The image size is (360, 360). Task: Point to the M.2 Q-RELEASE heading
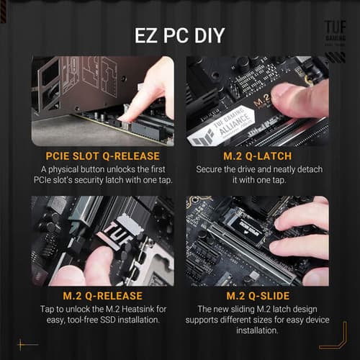coord(102,295)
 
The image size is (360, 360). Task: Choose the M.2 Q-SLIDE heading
coord(257,295)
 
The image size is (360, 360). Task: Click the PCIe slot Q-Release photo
coord(102,101)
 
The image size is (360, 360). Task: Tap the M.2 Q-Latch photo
coord(257,101)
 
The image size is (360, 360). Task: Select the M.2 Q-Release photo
coord(102,241)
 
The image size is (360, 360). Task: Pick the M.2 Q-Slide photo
coord(257,241)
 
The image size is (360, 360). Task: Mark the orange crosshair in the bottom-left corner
coord(27,344)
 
